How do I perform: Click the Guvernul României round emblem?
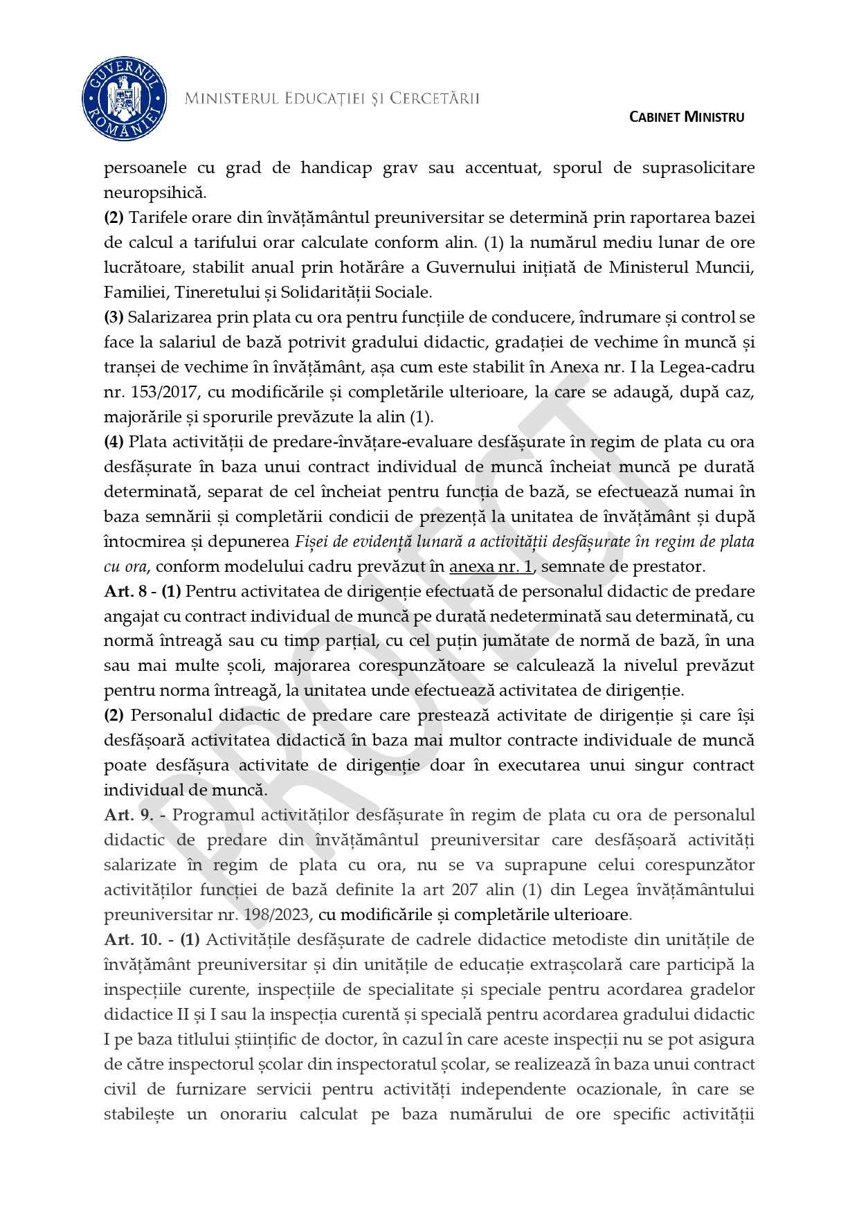tap(124, 99)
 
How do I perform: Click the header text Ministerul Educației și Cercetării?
tap(332, 99)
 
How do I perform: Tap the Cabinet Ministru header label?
tap(686, 117)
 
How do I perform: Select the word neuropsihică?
tap(154, 192)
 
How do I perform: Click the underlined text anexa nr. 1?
tap(491, 566)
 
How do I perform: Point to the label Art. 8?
tap(125, 591)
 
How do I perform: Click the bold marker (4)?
tap(114, 442)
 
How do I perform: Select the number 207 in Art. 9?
tap(466, 890)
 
